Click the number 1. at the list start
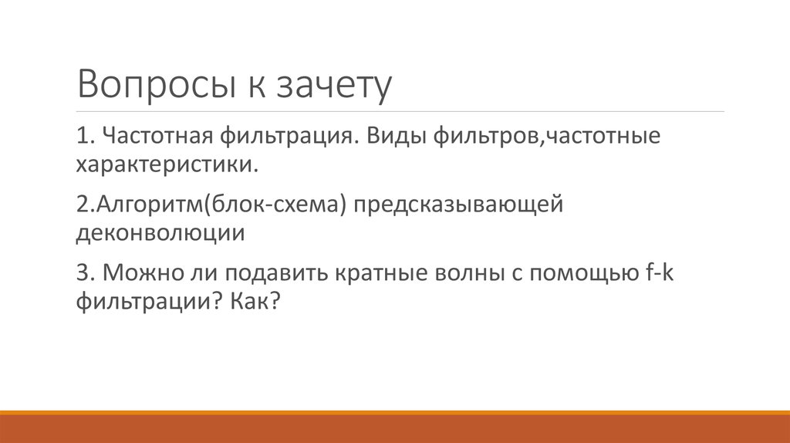click(84, 137)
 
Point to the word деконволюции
click(160, 232)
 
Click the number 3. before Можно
click(86, 273)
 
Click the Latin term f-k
click(660, 273)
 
